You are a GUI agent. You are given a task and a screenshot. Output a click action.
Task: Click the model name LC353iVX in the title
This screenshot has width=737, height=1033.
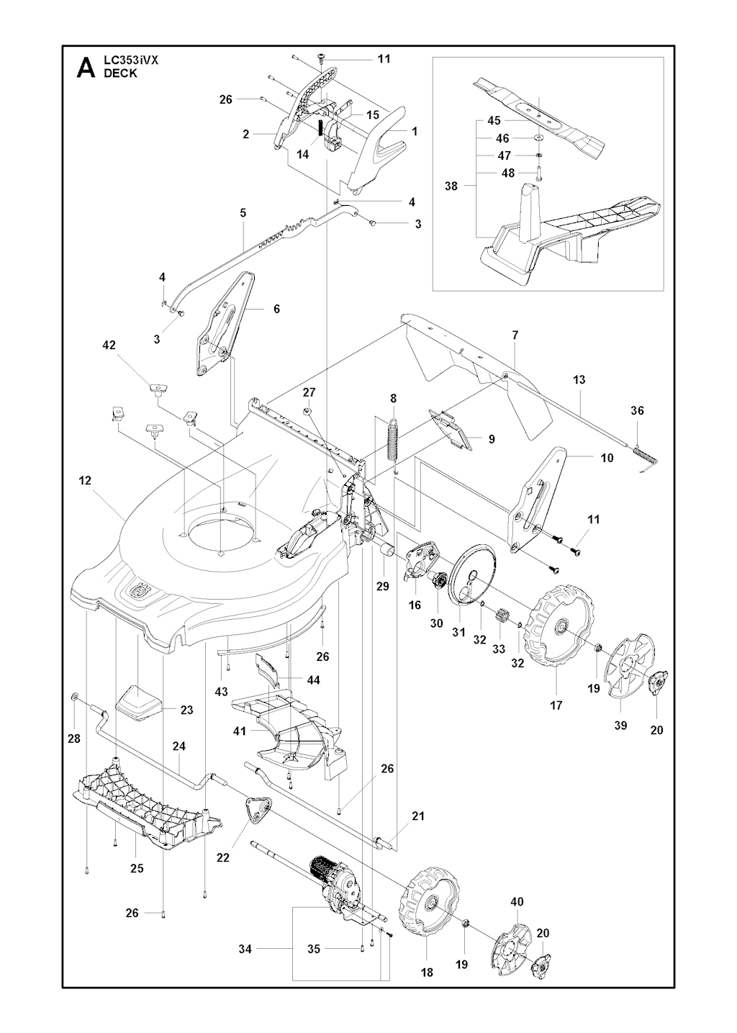coord(131,61)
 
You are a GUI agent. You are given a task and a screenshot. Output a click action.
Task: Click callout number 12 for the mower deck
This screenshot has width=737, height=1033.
coord(86,481)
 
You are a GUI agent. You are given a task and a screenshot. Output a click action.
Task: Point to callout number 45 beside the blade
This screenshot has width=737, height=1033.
coord(494,120)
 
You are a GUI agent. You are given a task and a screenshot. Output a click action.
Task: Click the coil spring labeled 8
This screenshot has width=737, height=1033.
coord(394,438)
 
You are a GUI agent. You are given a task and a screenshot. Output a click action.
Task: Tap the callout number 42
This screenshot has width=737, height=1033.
coord(109,346)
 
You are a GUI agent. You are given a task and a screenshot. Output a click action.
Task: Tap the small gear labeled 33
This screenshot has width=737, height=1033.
coord(501,617)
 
